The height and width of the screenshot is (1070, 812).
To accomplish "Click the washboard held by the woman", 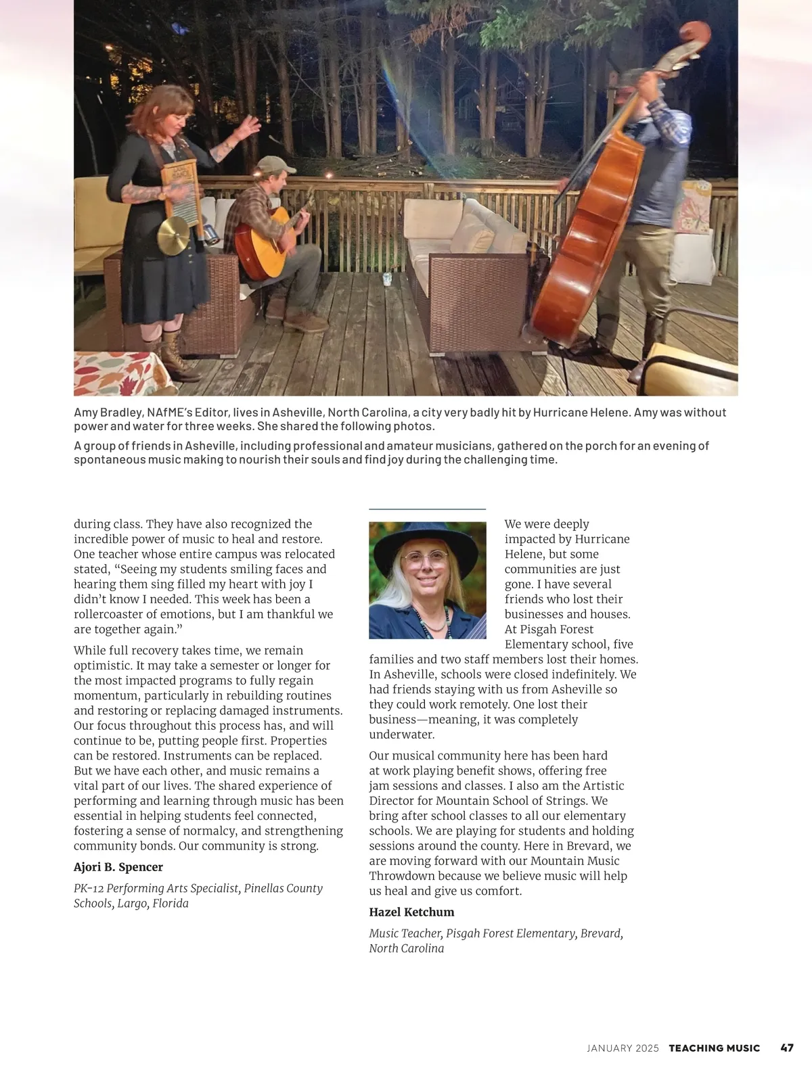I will click(180, 191).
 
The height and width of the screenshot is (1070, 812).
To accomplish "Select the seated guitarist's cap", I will click(277, 164).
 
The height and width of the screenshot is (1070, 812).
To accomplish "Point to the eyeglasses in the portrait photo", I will click(425, 559).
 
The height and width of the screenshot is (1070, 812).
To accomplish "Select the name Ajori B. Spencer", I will click(118, 867).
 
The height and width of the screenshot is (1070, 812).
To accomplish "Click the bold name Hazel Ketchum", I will click(411, 912).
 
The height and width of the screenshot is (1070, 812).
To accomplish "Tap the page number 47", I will click(787, 1048).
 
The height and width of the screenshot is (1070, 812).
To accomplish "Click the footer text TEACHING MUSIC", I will click(714, 1048).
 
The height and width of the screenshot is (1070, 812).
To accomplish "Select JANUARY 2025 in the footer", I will click(623, 1048).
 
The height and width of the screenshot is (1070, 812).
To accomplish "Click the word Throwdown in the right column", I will click(401, 876).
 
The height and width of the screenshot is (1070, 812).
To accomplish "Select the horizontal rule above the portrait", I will click(427, 509).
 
